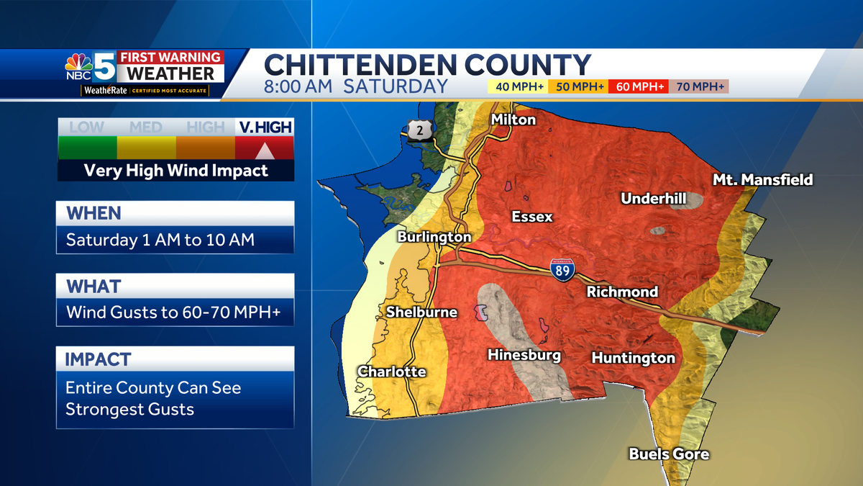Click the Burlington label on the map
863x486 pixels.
434,236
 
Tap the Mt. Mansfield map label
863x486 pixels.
762,179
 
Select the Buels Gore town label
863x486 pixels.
669,454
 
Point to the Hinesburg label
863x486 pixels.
524,354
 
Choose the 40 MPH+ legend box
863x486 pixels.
518,86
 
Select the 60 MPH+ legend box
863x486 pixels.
639,86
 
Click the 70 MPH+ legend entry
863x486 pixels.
699,86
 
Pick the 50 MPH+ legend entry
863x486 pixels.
578,86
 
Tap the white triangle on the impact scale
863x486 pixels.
264,150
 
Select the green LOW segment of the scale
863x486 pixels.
87,148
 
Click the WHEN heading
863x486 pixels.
94,213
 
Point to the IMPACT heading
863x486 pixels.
99,359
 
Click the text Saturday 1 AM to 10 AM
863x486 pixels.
160,240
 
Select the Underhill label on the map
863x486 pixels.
654,198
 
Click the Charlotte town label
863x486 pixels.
392,372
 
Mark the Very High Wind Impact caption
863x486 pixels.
175,171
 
